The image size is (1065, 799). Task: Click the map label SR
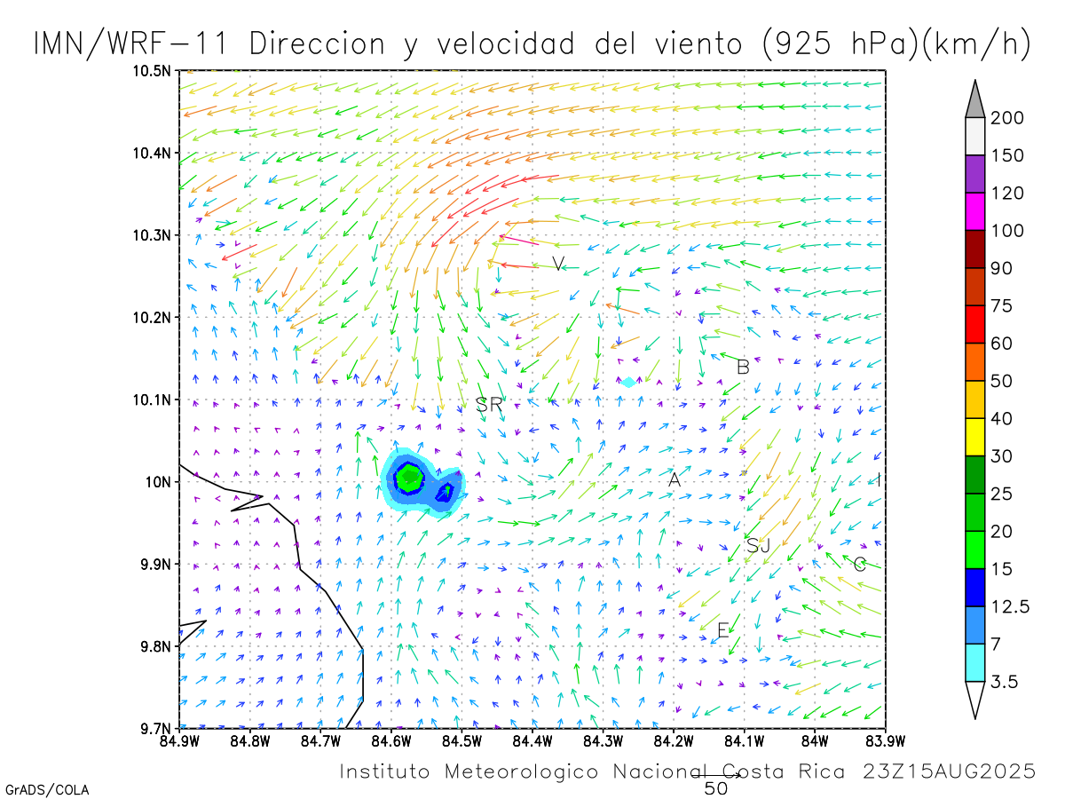489,405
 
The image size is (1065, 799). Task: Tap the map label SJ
758,545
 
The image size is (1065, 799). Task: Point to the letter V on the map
557,263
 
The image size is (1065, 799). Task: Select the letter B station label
744,367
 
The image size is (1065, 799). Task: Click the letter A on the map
674,479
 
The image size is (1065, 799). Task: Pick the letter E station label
722,630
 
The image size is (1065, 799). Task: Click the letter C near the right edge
859,564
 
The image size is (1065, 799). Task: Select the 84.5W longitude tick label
461,740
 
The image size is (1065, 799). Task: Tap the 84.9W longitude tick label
180,740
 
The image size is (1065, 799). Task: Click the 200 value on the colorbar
1007,118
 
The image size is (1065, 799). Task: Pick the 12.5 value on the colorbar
1011,607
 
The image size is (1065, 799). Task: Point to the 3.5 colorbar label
1006,682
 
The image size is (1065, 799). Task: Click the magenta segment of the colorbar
974,212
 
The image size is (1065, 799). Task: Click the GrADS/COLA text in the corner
47,789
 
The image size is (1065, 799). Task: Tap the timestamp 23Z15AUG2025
949,771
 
